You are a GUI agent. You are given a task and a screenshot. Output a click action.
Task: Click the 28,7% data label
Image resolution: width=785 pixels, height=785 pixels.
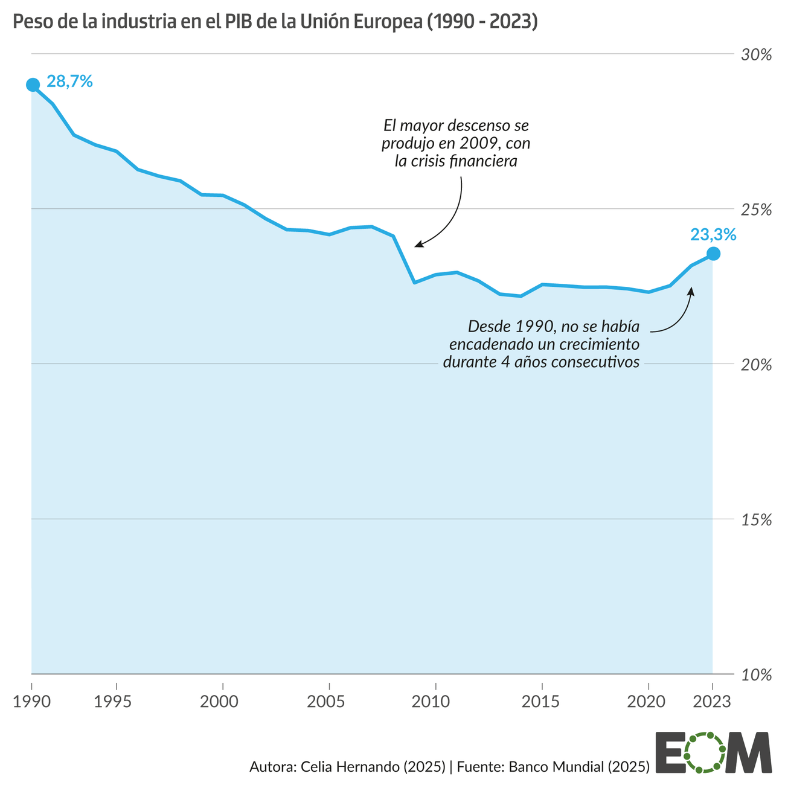69,82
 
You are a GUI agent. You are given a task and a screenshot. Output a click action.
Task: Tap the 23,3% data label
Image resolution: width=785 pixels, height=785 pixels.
713,234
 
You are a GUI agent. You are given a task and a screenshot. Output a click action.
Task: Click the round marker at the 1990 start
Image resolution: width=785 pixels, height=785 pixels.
33,85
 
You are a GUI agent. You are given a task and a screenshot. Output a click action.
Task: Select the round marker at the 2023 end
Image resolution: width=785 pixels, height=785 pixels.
713,254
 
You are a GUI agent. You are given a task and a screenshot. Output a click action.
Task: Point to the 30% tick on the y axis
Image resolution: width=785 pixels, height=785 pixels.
757,55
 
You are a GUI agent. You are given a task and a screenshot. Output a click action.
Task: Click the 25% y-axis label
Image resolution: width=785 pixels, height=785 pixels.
757,210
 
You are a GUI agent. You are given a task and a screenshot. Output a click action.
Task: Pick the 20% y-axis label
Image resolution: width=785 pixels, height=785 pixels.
757,365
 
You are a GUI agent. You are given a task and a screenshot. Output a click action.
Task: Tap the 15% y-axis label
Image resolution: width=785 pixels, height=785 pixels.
757,520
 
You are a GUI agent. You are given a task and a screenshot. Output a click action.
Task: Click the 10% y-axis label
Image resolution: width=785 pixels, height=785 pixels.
757,675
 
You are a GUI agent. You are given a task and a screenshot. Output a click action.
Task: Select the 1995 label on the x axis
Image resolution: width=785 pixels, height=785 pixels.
117,702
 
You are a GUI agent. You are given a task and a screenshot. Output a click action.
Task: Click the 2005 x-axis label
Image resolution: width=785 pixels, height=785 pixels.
329,702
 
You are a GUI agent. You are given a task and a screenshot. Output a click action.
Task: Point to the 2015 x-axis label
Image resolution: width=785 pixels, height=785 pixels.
542,702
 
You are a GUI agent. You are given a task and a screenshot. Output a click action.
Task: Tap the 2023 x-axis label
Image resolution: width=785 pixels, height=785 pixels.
712,702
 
